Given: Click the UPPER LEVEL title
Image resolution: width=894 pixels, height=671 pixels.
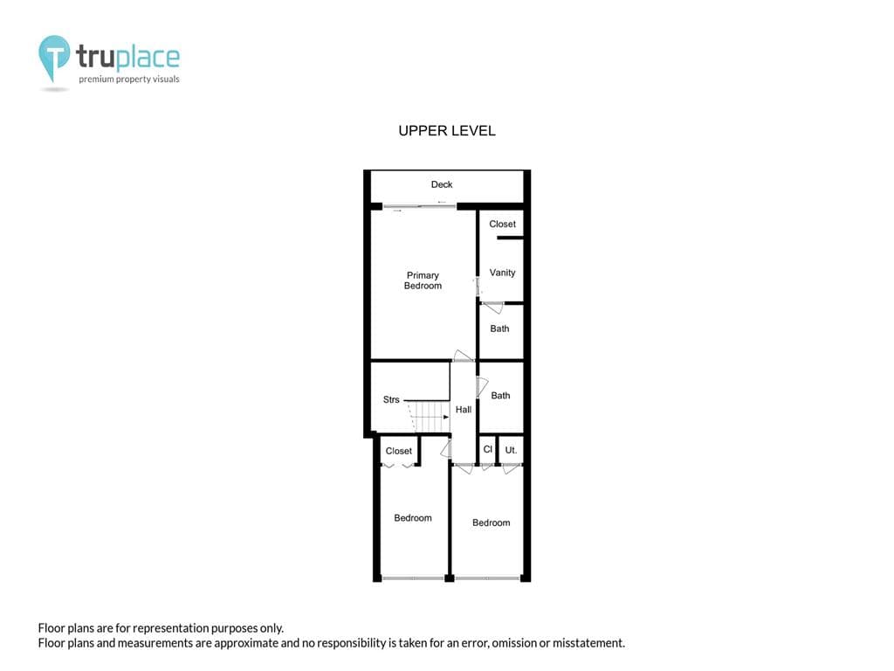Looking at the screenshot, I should click(x=447, y=131).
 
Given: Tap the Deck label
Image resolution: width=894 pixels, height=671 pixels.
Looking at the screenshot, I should click(x=442, y=184).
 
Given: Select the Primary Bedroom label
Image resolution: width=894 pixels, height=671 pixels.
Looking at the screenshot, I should click(x=423, y=280).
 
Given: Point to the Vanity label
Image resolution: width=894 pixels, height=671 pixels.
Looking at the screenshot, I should click(x=502, y=273).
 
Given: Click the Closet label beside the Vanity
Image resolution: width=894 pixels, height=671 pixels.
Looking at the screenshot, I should click(x=502, y=225).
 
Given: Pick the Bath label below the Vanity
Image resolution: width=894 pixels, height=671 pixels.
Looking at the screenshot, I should click(x=499, y=329).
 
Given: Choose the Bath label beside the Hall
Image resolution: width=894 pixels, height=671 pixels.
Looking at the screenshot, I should click(x=500, y=396).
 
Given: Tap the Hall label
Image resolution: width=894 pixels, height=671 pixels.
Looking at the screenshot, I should click(x=464, y=410).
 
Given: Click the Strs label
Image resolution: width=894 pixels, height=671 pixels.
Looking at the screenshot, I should click(x=391, y=400).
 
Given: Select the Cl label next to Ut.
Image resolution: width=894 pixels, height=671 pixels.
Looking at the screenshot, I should click(x=488, y=450).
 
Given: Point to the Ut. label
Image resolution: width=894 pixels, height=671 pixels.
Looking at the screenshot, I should click(x=511, y=450).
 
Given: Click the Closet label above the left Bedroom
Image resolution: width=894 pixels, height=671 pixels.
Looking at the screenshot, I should click(x=399, y=452).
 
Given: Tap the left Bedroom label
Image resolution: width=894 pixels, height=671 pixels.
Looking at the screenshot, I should click(x=413, y=518).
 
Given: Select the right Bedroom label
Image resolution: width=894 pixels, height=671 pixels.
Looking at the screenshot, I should click(x=491, y=523).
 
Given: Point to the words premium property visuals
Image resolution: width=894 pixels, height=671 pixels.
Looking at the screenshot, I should click(x=129, y=80).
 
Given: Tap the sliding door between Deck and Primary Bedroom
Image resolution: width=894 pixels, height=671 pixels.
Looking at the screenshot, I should click(x=420, y=206).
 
